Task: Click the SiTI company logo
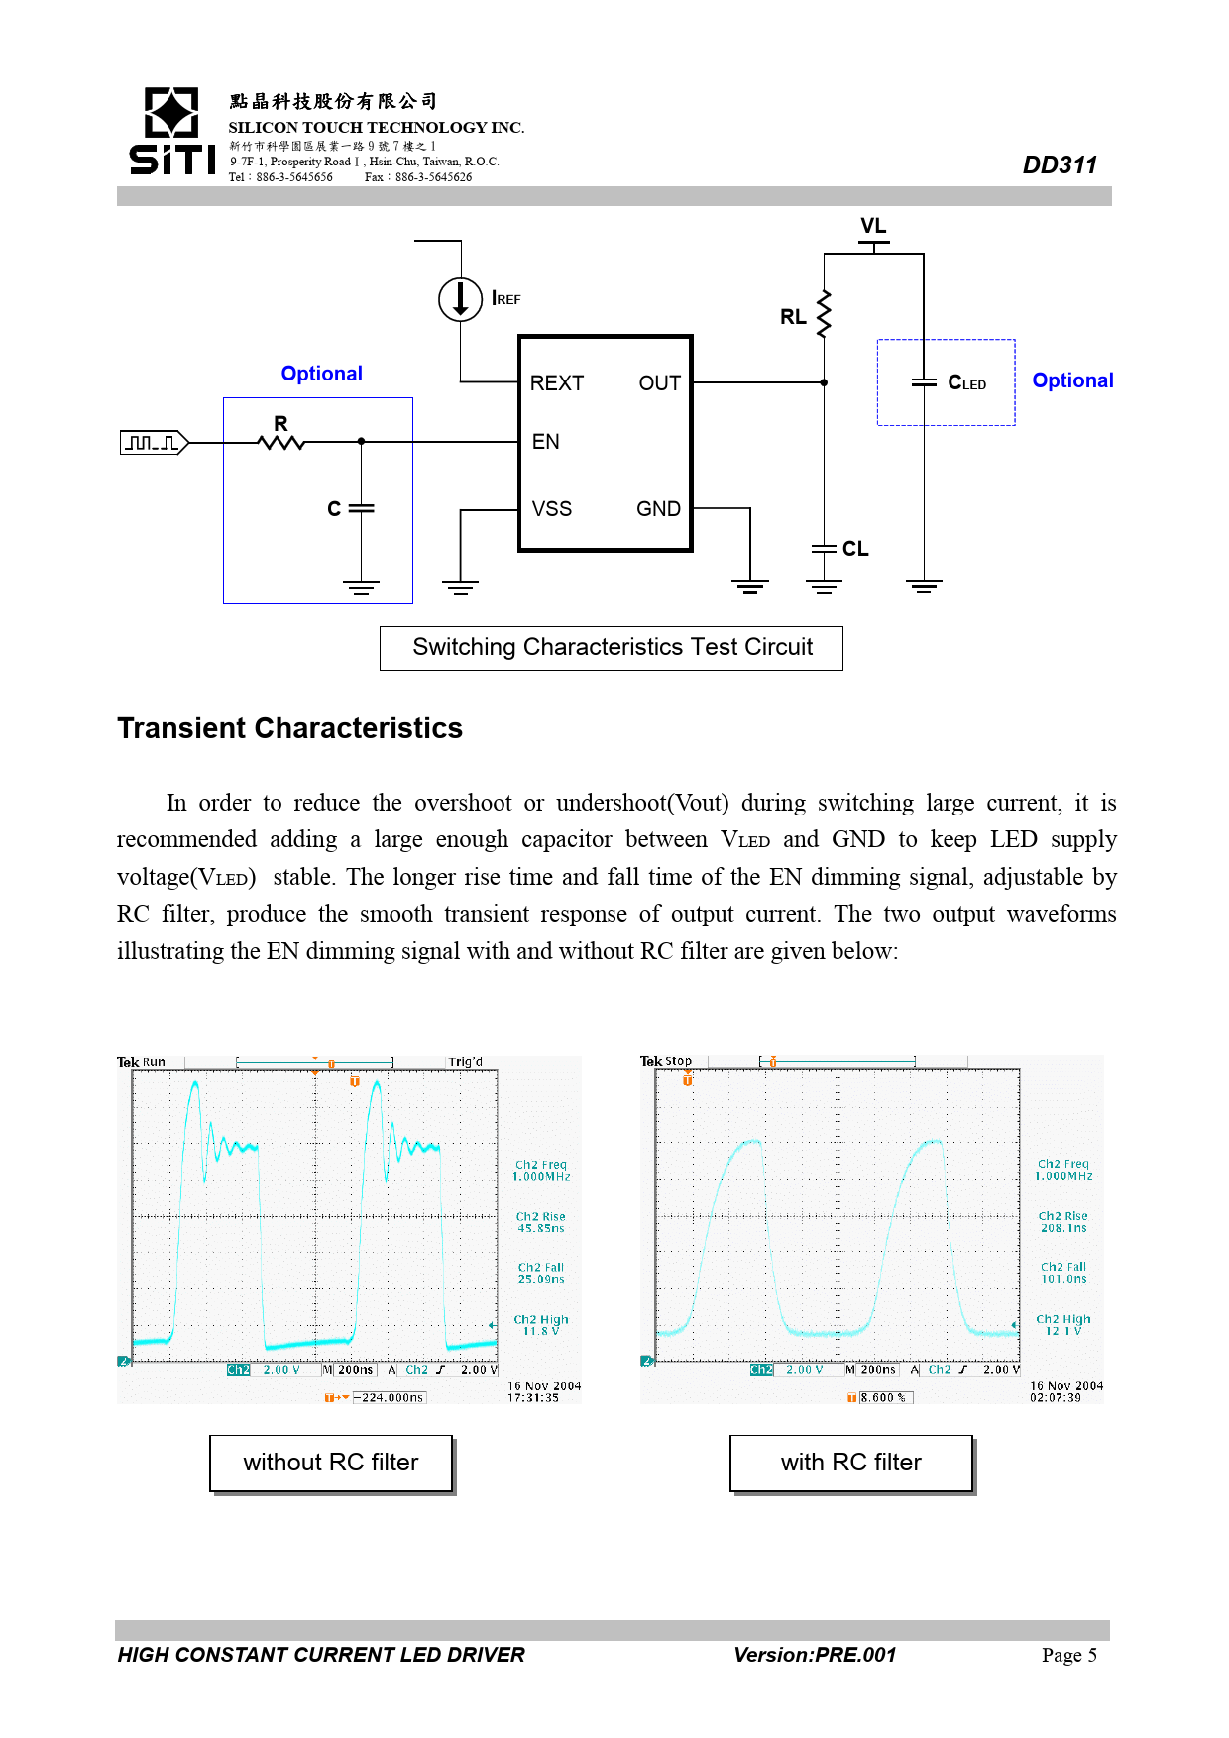tap(171, 131)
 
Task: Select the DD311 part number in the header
tap(1059, 165)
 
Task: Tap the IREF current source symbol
tap(460, 298)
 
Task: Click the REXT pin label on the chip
tap(556, 383)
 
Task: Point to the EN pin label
tap(545, 442)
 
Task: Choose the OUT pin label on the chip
tap(659, 383)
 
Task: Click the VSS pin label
tap(551, 509)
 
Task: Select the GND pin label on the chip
tap(658, 509)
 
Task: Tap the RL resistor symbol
tap(823, 315)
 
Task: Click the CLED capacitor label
tap(966, 383)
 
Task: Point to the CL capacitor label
tap(855, 549)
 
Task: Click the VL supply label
tap(873, 226)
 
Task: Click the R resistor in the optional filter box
tap(281, 441)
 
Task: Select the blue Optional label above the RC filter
tap(321, 374)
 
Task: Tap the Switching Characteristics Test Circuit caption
tap(612, 648)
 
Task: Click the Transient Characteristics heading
tap(289, 728)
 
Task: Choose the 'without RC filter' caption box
tap(331, 1463)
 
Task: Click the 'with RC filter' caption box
tap(850, 1463)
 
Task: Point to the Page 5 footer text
tap(1068, 1655)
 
